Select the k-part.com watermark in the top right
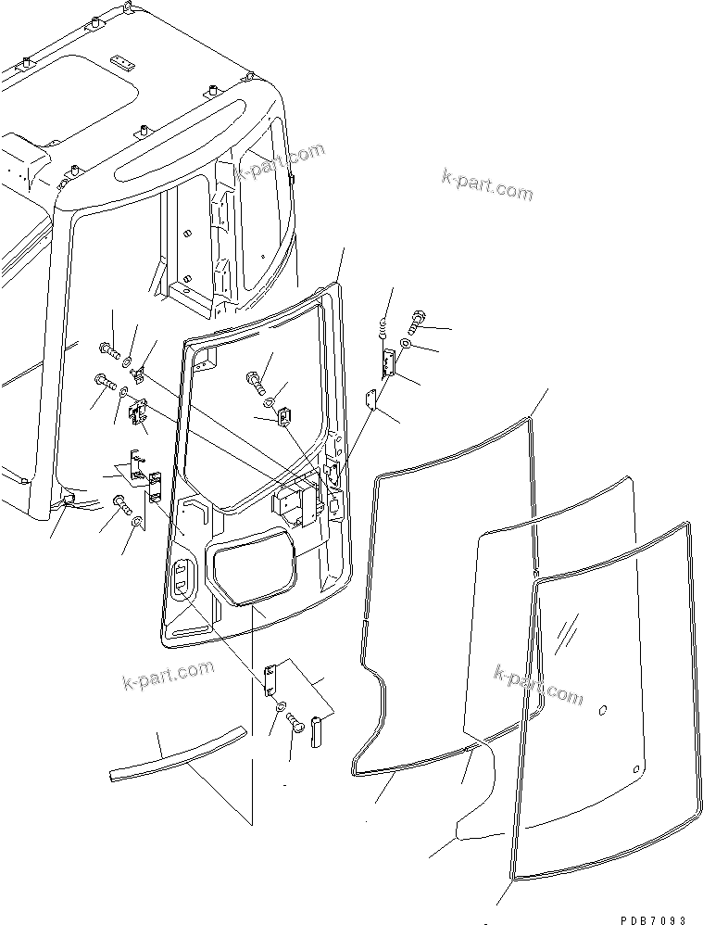pos(488,186)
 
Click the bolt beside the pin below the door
pos(296,722)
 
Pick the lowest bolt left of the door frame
pos(121,503)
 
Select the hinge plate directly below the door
pos(271,678)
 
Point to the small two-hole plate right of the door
pos(370,400)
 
